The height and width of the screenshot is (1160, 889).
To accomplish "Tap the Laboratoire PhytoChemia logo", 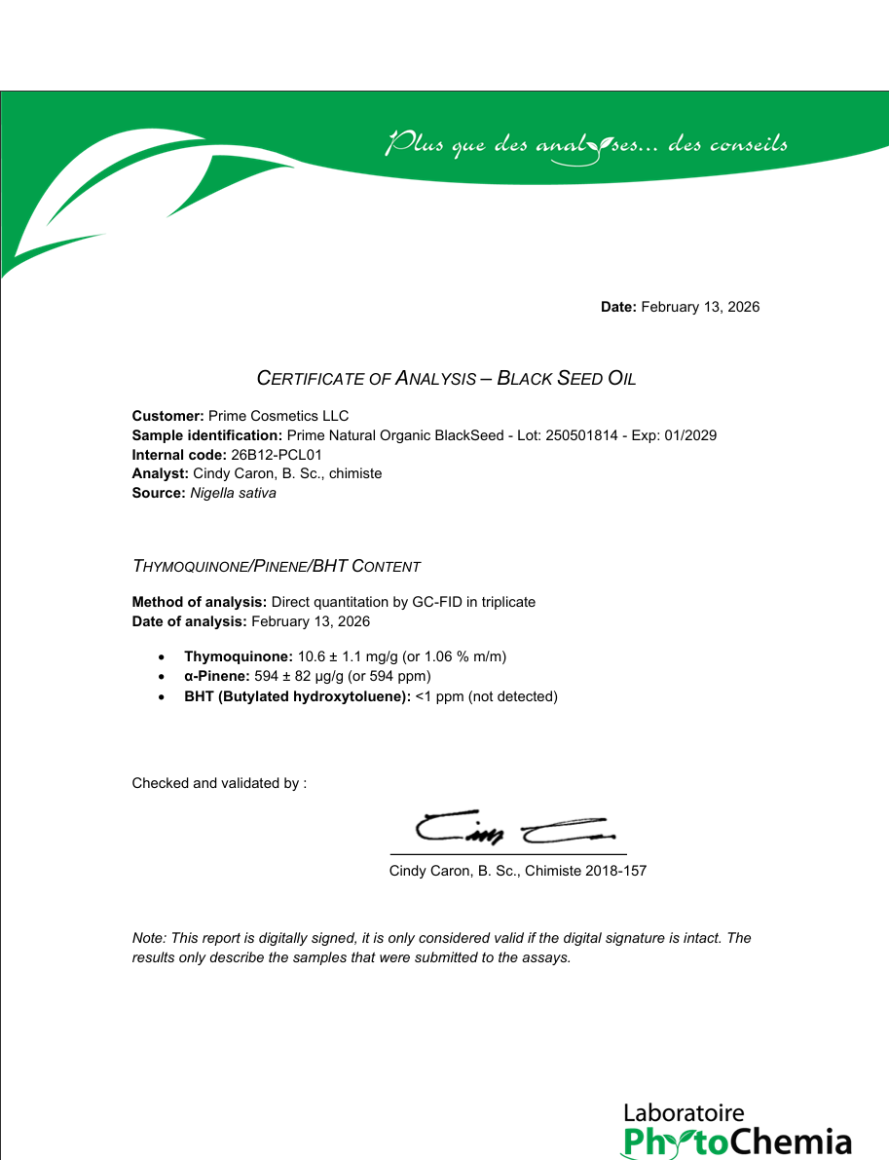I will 736,1131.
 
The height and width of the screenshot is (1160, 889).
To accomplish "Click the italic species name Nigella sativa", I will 233,493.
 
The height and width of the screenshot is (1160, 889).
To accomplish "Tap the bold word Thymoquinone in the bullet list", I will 238,656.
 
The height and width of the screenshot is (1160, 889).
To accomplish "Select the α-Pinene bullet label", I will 217,676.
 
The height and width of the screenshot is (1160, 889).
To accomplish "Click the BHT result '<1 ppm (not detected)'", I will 486,696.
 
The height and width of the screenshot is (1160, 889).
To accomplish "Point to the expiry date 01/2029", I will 692,435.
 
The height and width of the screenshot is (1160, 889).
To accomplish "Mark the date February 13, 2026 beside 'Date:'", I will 700,307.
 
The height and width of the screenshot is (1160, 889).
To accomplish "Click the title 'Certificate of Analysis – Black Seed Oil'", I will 446,378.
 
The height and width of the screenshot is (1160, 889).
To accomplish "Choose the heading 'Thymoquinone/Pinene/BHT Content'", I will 277,566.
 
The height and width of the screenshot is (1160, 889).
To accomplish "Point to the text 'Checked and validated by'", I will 219,783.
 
